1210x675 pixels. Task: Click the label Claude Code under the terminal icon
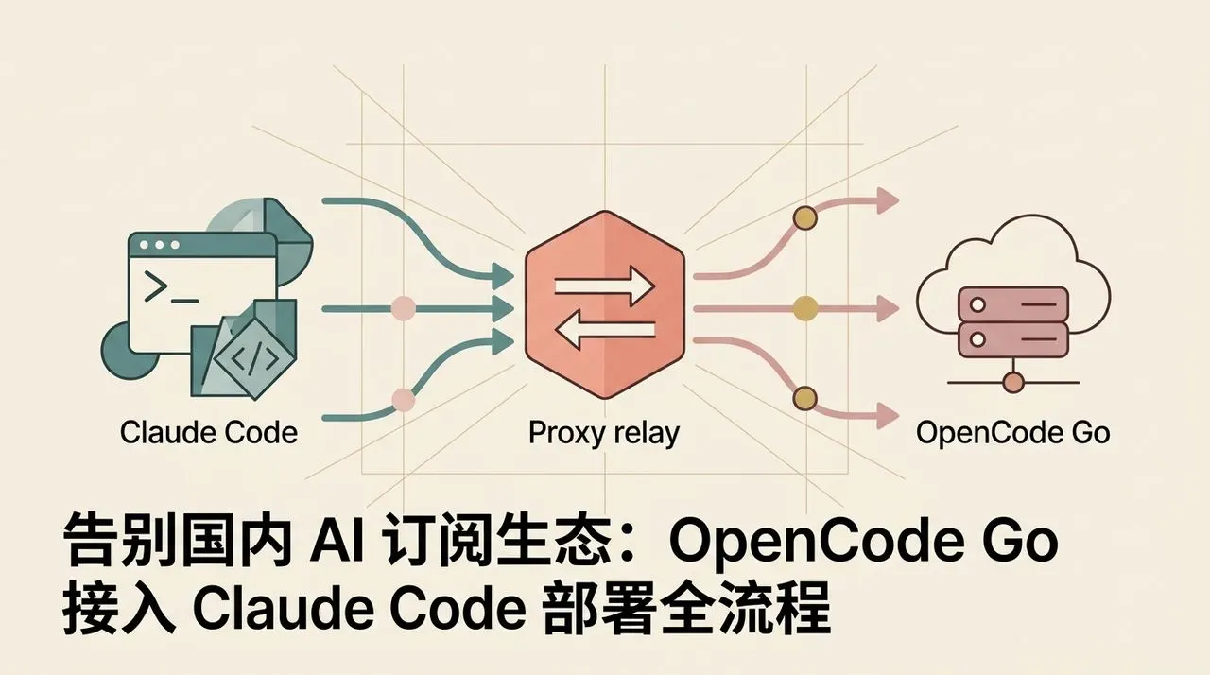pos(209,433)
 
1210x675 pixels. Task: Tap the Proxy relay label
pos(603,434)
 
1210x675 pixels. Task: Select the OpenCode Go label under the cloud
pos(1012,433)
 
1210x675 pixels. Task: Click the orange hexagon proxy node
pos(605,305)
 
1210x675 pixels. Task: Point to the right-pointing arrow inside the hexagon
pos(605,286)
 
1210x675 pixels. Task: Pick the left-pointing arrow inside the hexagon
pos(605,328)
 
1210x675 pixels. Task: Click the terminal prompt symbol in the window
pos(155,286)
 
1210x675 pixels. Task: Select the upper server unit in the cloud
pos(1012,304)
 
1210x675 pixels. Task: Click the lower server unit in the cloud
pos(1012,339)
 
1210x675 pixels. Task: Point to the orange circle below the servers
pos(1012,382)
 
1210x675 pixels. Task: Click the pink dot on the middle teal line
pos(403,309)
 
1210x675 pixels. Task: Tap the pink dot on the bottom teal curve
pos(403,400)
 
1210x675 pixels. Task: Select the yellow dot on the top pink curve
pos(804,218)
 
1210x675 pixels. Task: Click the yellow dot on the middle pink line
pos(804,308)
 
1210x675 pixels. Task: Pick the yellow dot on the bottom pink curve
pos(804,398)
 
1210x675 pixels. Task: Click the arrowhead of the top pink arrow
pos(887,200)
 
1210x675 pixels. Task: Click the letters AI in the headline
pos(337,541)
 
